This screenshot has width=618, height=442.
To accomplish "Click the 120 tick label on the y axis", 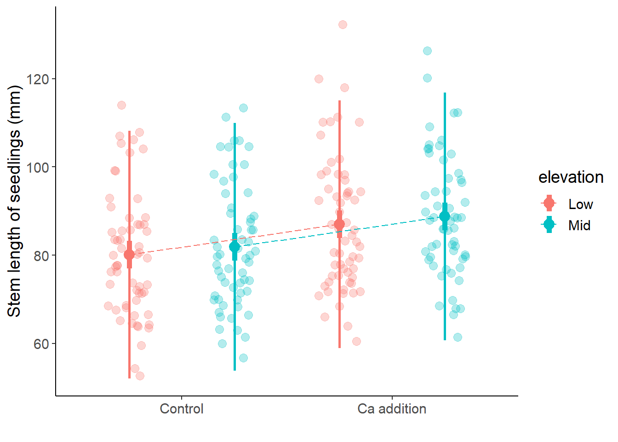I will coord(38,79).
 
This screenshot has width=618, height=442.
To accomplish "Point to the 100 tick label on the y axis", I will coord(38,168).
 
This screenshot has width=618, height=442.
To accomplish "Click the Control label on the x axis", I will coord(181,409).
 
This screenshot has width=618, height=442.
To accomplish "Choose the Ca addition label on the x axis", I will coord(392,409).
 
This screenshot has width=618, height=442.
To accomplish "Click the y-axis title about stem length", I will coord(15,201).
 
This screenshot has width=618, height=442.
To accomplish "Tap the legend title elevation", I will coord(571,177).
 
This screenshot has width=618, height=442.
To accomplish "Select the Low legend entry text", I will coord(580,204).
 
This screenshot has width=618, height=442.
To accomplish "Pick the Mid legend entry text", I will coord(579,226).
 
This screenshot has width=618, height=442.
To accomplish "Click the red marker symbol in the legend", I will coord(549,203).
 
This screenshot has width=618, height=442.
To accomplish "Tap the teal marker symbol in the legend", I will coord(549,224).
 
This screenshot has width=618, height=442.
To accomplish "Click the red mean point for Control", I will coord(129,254).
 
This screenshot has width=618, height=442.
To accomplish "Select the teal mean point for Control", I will coord(235,247).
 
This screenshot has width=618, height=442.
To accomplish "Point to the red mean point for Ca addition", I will coord(339,224).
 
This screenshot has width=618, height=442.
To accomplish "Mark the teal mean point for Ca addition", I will coord(445,216).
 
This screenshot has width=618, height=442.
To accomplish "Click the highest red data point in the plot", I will coord(343,24).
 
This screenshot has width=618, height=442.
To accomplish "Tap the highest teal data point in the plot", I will coord(427,51).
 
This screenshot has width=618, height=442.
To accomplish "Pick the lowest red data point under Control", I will coord(140,376).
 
